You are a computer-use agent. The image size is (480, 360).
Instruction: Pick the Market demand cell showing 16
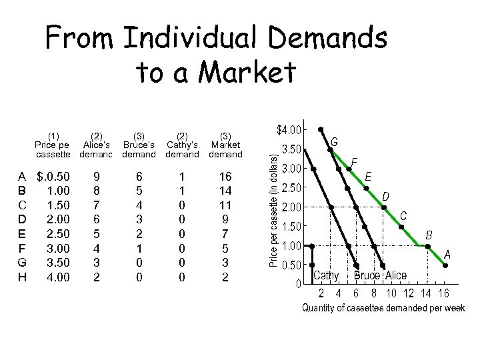(225, 177)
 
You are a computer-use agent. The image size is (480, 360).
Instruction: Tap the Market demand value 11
(225, 205)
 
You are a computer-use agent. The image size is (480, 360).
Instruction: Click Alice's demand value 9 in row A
(97, 177)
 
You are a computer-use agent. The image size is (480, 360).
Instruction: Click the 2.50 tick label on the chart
(294, 187)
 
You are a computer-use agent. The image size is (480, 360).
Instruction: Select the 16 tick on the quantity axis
(443, 293)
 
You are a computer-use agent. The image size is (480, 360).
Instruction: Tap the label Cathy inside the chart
(326, 276)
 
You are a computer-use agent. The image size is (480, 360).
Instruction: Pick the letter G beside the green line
(334, 141)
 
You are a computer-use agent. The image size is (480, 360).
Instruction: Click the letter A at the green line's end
(447, 254)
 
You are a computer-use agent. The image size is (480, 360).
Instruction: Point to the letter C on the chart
(403, 216)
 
